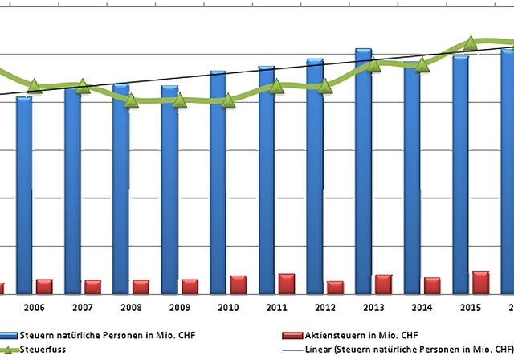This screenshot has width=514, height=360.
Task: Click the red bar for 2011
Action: (286, 284)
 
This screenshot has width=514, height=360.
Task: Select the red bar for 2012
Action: (334, 288)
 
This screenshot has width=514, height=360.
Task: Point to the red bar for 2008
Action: (141, 287)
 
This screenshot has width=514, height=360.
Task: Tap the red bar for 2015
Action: (480, 282)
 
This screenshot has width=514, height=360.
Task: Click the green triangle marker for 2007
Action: (84, 85)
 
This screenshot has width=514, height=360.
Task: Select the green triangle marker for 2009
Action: (180, 100)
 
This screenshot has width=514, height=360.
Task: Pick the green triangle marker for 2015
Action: (471, 43)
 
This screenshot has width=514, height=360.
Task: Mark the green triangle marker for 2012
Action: (325, 86)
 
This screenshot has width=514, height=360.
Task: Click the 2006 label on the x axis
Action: (34, 308)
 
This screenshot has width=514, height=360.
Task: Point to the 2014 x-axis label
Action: (422, 308)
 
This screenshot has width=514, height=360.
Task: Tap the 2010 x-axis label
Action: (228, 308)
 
